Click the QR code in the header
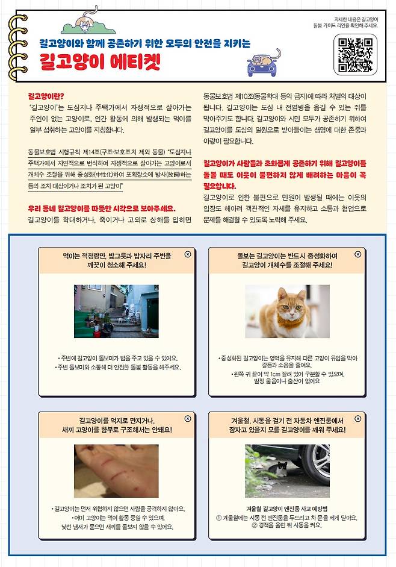point(355,54)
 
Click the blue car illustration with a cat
point(264,62)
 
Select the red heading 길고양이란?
point(46,96)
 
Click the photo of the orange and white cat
point(287,311)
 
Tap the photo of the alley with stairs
point(116,311)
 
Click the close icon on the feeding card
point(188,255)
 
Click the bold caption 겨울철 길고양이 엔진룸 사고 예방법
point(286,509)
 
